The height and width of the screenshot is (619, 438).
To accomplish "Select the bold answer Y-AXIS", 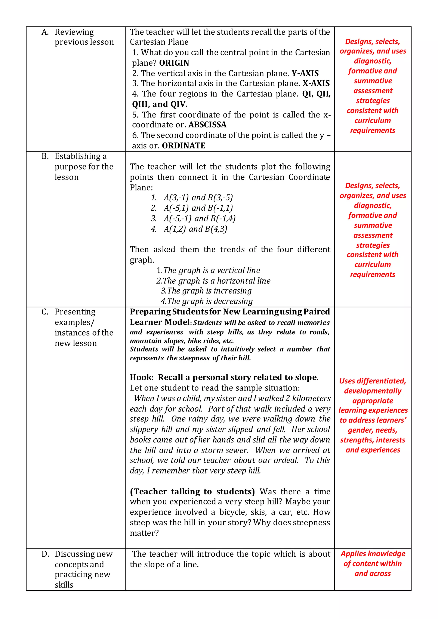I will point(305,73).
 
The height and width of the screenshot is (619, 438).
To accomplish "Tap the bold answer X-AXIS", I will point(316,83).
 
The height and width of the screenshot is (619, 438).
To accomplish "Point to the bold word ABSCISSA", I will point(207,125).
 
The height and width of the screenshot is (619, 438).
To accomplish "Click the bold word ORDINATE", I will point(183,146).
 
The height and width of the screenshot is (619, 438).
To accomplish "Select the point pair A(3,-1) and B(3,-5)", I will point(198,198).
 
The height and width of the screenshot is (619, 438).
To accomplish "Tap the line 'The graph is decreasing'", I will point(207,301).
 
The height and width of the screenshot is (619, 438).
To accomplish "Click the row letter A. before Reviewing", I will point(45,32).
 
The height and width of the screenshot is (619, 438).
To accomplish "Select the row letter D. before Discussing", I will point(45,554).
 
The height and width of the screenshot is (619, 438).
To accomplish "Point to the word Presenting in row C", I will point(75,312).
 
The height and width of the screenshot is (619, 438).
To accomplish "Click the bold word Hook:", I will point(142,377).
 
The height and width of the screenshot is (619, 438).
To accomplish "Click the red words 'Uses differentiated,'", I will point(373,381).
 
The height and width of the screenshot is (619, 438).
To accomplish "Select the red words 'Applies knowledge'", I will point(373,554).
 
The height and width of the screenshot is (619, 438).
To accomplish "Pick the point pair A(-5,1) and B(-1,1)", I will point(198,208).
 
